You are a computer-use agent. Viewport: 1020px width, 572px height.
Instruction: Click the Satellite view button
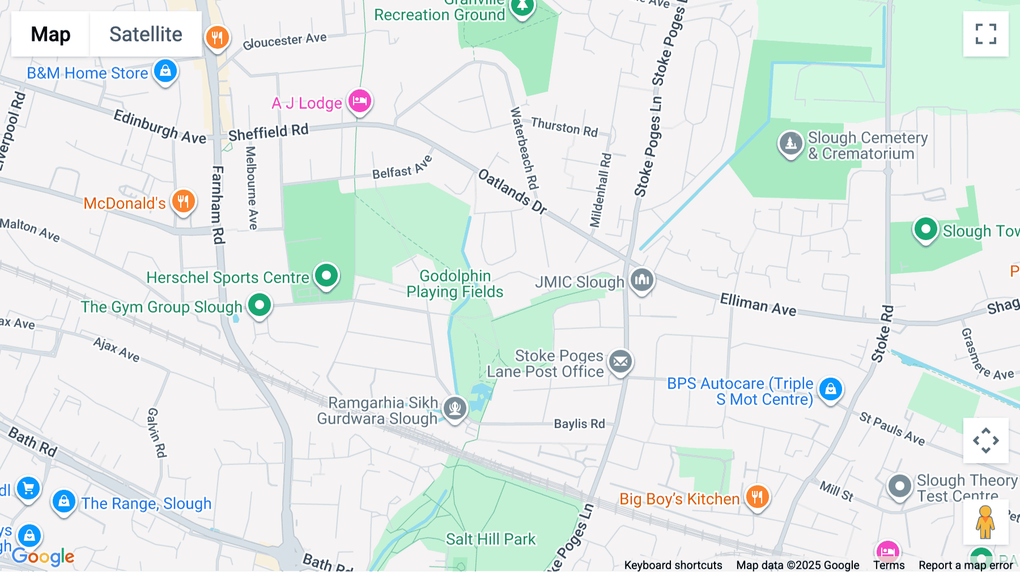click(146, 34)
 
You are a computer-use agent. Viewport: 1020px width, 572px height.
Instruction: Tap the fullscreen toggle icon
click(985, 34)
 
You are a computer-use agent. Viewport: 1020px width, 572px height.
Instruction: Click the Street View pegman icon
click(985, 522)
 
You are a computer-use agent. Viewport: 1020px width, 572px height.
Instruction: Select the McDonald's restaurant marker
click(183, 201)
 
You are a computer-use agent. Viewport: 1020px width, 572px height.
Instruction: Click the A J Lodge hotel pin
click(359, 101)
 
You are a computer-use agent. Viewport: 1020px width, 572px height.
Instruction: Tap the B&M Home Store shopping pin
click(165, 71)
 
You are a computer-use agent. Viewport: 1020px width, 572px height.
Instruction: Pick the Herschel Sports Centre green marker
click(326, 276)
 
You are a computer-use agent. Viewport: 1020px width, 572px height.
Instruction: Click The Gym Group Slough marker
click(260, 305)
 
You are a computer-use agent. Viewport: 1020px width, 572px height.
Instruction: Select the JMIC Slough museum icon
click(641, 279)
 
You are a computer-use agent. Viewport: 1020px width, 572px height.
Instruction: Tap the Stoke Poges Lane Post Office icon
click(620, 361)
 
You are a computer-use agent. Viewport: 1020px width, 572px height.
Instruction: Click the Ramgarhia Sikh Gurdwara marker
click(454, 408)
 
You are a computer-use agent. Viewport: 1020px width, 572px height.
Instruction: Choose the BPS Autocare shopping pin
click(830, 389)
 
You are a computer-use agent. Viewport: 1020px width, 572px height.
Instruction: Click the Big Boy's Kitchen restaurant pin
click(757, 497)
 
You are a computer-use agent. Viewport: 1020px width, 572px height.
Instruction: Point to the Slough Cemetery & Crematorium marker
click(790, 143)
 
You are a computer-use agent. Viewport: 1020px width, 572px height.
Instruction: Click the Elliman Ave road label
click(758, 305)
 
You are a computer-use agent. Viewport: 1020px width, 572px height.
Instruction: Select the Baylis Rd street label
click(579, 424)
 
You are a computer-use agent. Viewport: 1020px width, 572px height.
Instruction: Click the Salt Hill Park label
click(490, 539)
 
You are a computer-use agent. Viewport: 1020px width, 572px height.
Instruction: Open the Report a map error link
click(966, 565)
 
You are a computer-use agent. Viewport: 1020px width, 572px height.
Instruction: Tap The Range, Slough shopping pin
click(64, 501)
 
